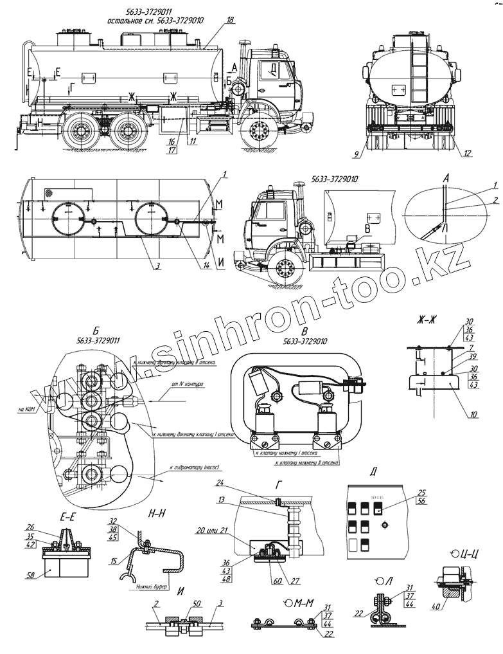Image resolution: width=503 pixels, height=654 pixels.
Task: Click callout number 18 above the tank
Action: coord(231,21)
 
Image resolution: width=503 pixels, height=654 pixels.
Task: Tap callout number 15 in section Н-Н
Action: coord(114,561)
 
